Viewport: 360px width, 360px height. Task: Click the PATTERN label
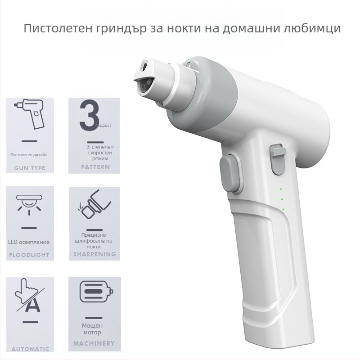coord(95,167)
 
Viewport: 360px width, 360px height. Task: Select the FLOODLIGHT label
coord(29,255)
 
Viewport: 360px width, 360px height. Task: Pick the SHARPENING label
coord(94,254)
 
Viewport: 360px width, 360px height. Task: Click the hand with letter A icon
coord(29,297)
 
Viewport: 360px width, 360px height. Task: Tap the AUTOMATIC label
coord(31,349)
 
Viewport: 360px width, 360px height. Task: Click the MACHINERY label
coord(94,343)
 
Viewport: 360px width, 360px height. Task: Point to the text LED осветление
coord(29,242)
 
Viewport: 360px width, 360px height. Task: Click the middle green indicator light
coord(282,199)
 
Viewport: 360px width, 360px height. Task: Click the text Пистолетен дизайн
coord(29,155)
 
